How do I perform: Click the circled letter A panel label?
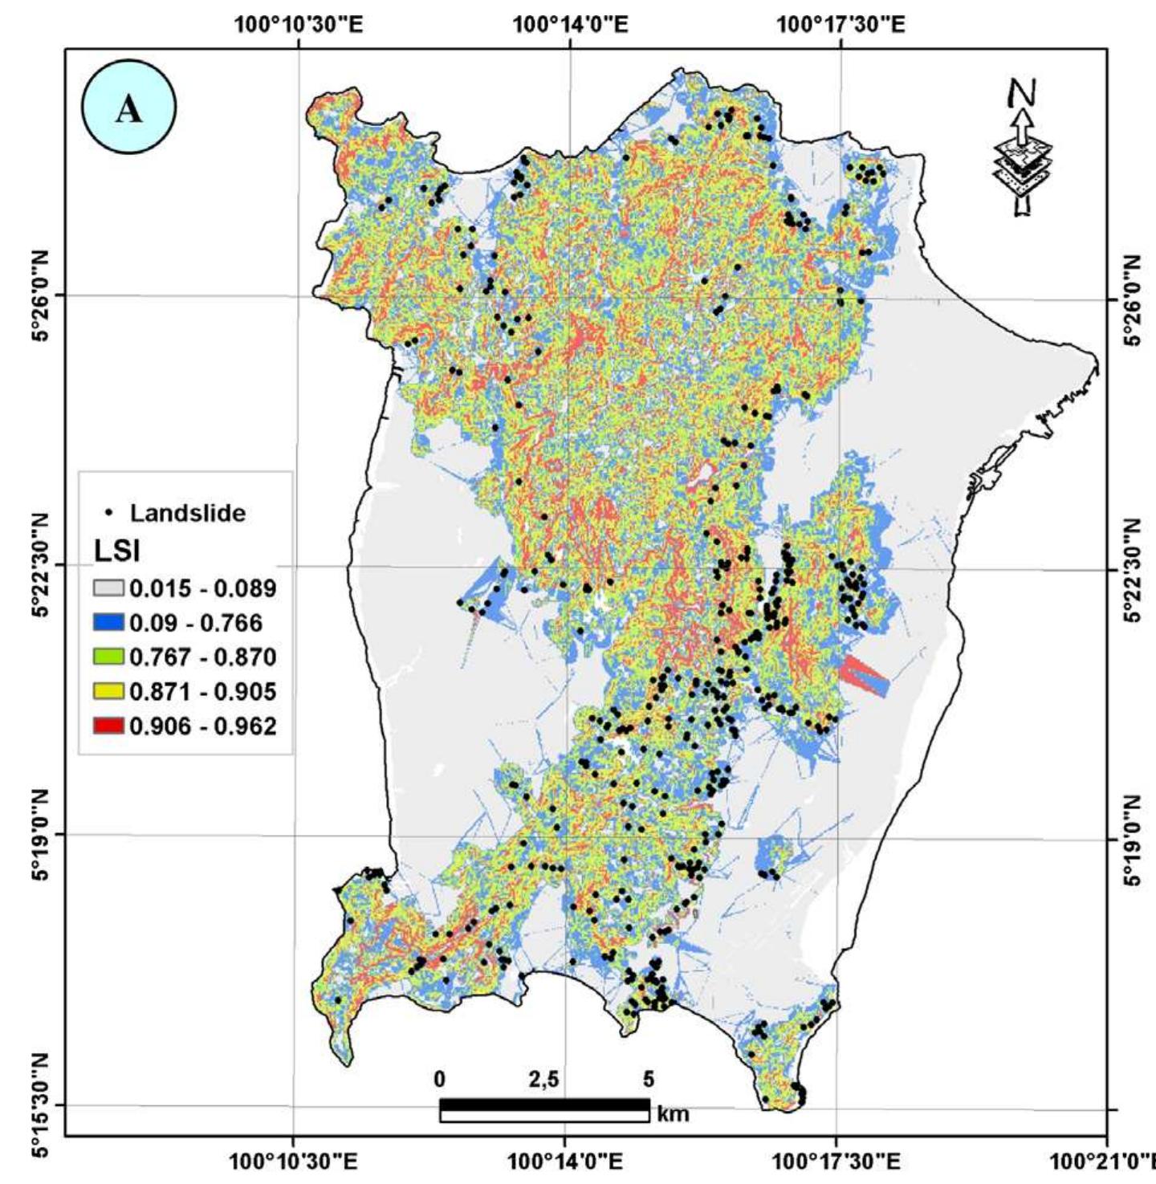click(x=128, y=108)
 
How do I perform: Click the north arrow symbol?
click(x=1022, y=149)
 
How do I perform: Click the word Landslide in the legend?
click(x=188, y=513)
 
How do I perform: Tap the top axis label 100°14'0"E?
click(x=570, y=24)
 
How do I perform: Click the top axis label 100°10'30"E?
click(x=299, y=24)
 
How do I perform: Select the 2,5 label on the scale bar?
click(x=543, y=1080)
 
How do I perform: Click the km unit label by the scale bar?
click(x=673, y=1114)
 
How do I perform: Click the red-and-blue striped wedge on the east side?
click(x=865, y=675)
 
